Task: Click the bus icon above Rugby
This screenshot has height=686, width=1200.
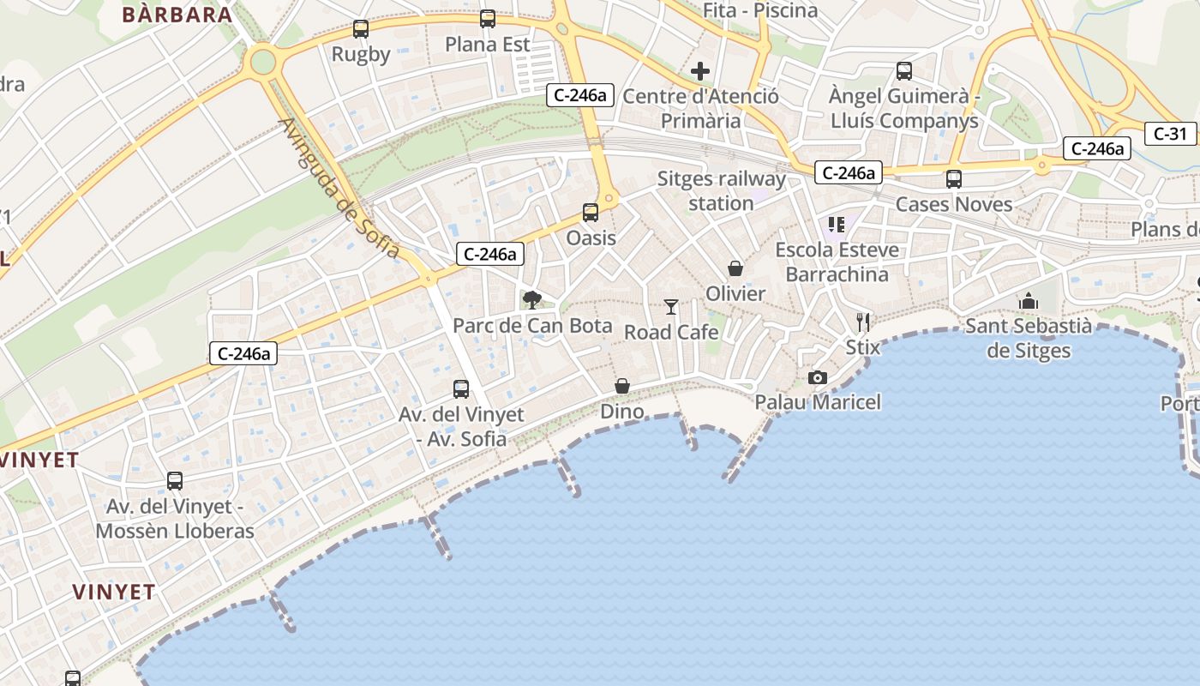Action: point(361,29)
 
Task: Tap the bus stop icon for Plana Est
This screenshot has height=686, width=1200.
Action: point(488,18)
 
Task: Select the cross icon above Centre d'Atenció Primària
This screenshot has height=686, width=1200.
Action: point(700,70)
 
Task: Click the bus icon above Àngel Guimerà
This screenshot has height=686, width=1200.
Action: point(904,70)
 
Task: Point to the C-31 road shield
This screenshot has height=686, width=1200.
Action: point(1170,133)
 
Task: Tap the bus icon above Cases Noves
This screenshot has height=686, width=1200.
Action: point(953,178)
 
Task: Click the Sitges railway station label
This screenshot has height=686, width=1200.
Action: point(721,191)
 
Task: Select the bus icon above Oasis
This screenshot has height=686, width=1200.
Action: point(591,212)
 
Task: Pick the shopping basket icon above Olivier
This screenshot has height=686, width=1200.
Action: point(735,268)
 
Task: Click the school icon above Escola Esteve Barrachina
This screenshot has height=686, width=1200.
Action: point(837,225)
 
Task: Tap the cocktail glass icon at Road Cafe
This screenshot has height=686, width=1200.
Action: point(671,306)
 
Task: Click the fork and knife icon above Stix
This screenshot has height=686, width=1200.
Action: point(863,322)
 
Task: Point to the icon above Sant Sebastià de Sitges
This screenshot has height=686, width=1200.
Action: point(1028,301)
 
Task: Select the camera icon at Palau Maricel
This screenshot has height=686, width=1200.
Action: point(818,377)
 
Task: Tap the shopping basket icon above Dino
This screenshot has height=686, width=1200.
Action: point(622,387)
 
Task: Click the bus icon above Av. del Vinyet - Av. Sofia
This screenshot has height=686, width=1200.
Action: point(461,389)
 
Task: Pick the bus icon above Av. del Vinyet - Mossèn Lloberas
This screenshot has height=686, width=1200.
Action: point(175,481)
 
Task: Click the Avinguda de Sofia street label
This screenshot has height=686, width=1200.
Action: point(339,188)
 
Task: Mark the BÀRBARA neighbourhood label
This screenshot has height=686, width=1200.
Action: point(177,15)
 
